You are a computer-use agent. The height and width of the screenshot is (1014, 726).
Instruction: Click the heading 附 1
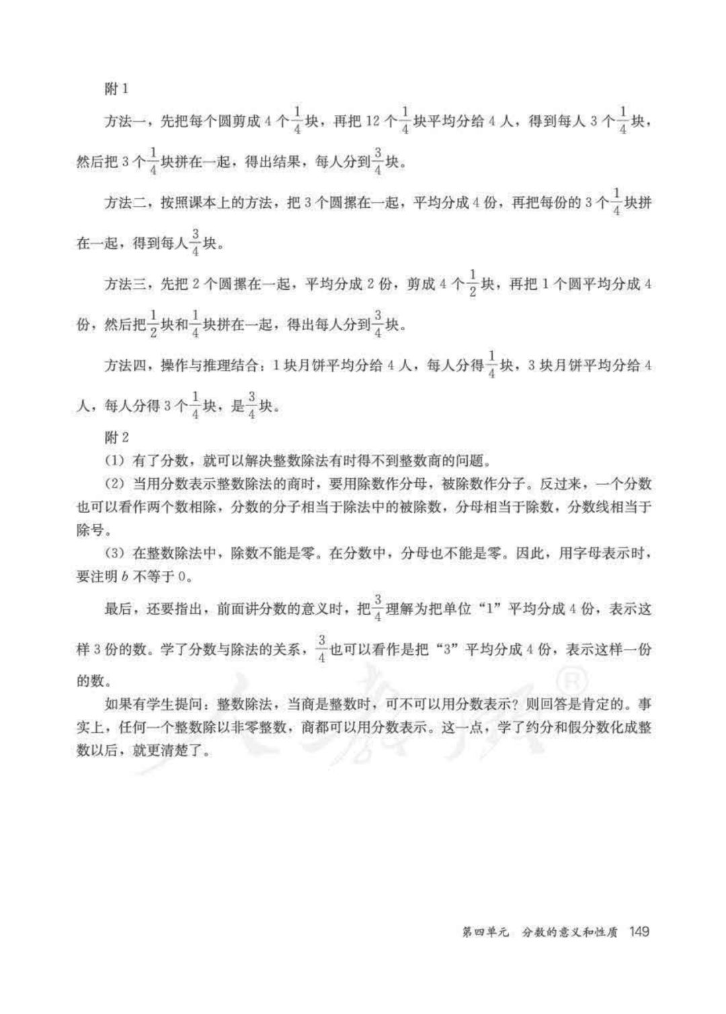[x=116, y=89]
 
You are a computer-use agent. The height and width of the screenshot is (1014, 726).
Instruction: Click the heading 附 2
[x=116, y=437]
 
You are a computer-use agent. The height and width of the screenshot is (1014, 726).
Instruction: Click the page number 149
[x=638, y=932]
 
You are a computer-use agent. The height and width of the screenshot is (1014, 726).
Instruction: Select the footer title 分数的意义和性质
[x=569, y=933]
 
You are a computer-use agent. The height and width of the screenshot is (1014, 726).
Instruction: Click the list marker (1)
[x=114, y=461]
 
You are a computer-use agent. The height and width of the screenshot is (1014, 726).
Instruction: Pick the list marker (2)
[x=114, y=484]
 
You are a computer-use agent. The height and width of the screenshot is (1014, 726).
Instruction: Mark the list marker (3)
[x=114, y=553]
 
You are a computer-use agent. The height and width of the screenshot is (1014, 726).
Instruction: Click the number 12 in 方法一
[x=373, y=122]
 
